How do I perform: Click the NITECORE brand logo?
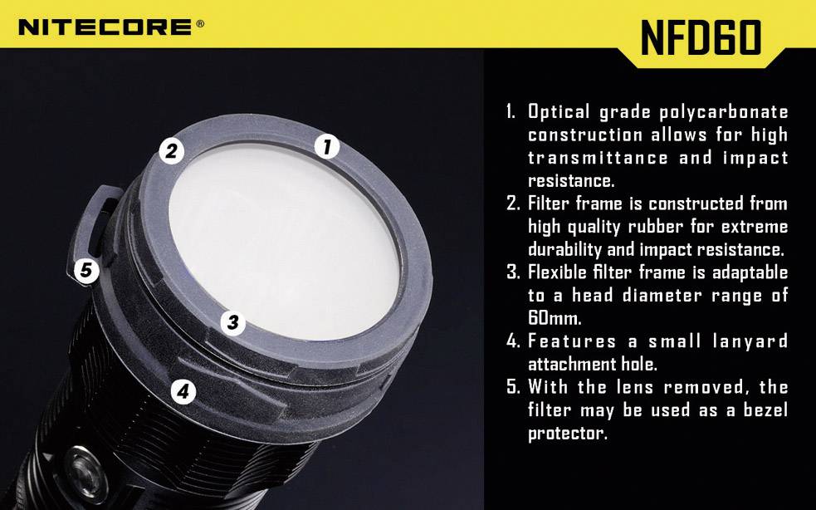pyautogui.click(x=105, y=27)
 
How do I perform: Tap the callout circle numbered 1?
pyautogui.click(x=327, y=147)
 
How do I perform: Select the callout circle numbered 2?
pyautogui.click(x=172, y=150)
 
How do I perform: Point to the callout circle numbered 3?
pyautogui.click(x=233, y=322)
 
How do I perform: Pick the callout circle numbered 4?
pyautogui.click(x=183, y=390)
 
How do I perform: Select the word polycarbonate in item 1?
pyautogui.click(x=722, y=112)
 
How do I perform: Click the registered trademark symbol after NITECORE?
pyautogui.click(x=200, y=24)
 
